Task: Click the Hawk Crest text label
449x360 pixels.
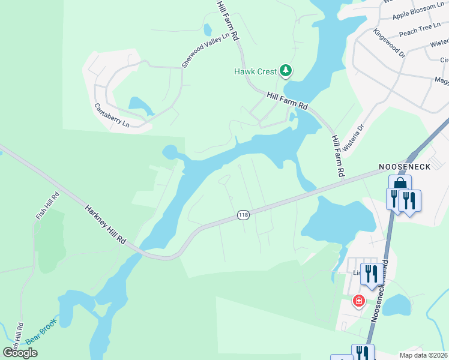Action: [255, 72]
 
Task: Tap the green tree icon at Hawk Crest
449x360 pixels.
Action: [286, 71]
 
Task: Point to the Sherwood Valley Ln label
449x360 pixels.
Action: [206, 50]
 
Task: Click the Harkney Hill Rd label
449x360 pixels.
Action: [106, 221]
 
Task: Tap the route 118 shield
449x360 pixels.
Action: [243, 215]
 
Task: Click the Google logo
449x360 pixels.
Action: [20, 353]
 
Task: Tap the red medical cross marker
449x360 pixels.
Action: [358, 301]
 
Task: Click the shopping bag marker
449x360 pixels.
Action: [400, 184]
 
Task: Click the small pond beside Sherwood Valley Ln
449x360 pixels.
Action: [208, 29]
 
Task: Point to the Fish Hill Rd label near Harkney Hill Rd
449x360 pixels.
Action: [47, 205]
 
